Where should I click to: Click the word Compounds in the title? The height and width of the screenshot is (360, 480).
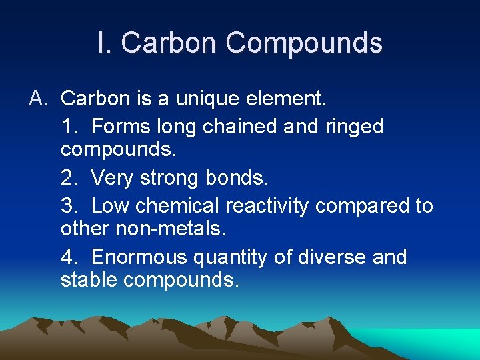tap(304, 43)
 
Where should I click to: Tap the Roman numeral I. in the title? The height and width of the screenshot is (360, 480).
tap(105, 43)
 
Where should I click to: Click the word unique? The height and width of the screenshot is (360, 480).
tap(209, 99)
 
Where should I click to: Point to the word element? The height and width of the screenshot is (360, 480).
tap(288, 99)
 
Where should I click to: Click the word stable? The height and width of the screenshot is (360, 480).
tap(89, 280)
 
